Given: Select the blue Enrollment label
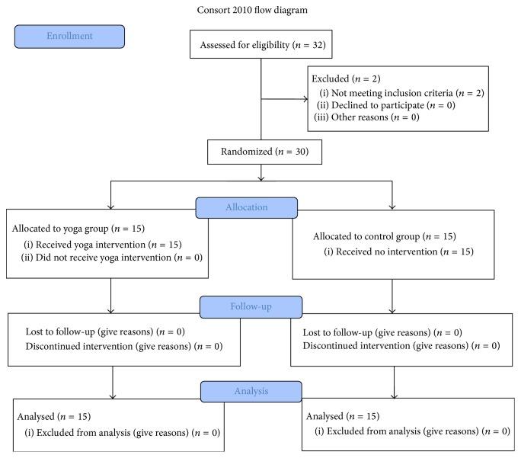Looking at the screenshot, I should (69, 36).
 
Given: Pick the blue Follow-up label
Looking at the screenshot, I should (251, 308).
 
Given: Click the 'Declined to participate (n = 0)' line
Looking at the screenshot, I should (386, 105).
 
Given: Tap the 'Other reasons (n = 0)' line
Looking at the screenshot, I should (366, 117).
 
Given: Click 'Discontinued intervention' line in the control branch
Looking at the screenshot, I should (401, 345).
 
